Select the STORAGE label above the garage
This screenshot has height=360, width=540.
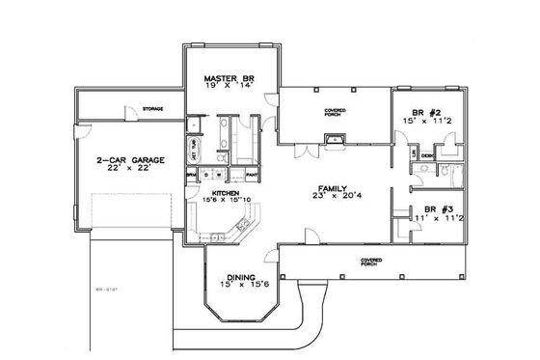point(151,108)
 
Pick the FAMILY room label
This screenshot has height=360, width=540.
point(332,187)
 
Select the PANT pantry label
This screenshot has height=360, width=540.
point(250,174)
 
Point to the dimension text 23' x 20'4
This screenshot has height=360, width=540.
point(333,197)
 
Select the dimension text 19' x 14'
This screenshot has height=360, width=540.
point(229,85)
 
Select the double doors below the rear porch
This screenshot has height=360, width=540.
point(304,152)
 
